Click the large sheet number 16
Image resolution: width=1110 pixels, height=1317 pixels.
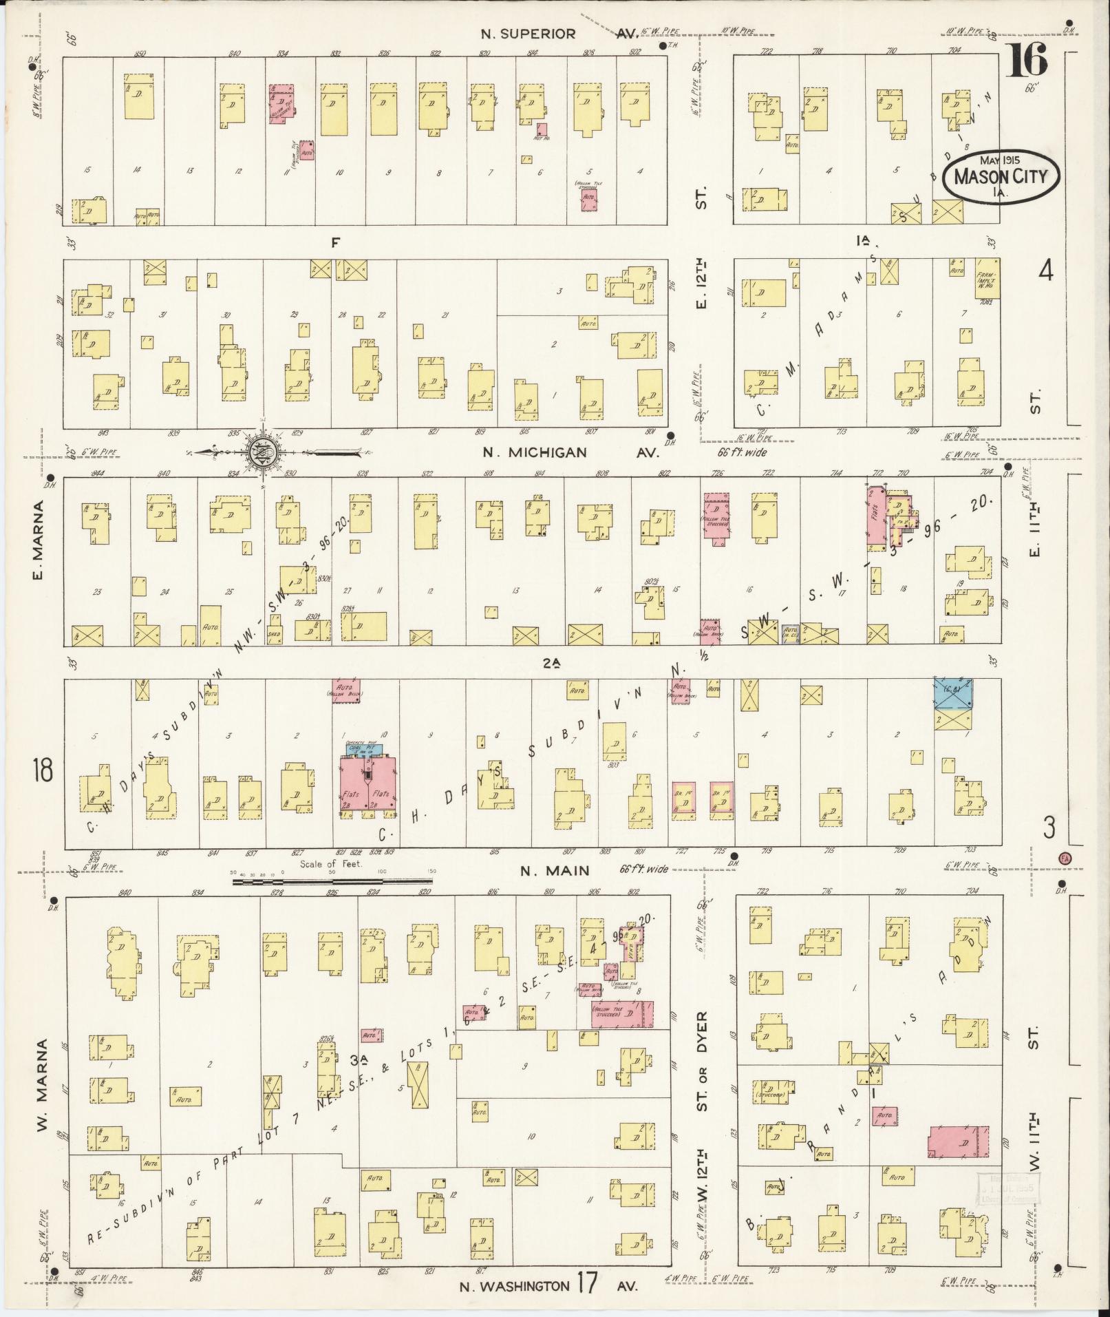point(1029,60)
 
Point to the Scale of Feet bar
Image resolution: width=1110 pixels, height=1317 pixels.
point(334,880)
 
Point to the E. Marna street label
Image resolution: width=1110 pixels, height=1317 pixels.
point(39,540)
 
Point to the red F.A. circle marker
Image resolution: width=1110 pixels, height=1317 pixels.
point(1065,858)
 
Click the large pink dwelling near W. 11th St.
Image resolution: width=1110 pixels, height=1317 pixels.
point(959,1142)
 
